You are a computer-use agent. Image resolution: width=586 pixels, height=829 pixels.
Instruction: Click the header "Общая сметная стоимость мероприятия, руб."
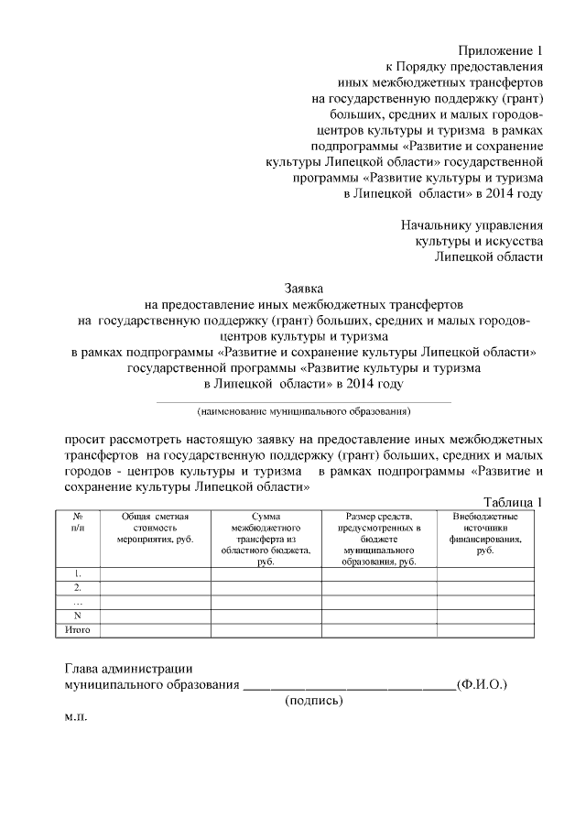pyautogui.click(x=155, y=529)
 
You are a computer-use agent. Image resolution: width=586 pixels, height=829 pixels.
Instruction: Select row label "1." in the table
pyautogui.click(x=78, y=573)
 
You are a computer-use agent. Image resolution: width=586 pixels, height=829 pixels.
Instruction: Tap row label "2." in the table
pyautogui.click(x=78, y=587)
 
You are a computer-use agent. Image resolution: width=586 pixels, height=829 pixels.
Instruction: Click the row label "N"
pyautogui.click(x=78, y=616)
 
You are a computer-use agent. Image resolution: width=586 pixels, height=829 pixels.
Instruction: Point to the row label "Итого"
pyautogui.click(x=78, y=630)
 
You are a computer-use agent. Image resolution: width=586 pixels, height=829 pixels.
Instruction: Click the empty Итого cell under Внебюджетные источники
pyautogui.click(x=484, y=630)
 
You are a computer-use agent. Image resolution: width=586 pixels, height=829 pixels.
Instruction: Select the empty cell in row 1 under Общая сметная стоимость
pyautogui.click(x=155, y=573)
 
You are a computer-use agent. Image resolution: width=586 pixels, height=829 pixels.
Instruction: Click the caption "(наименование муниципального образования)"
pyautogui.click(x=302, y=411)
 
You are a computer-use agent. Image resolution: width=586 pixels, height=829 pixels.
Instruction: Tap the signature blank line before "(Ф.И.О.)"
pyautogui.click(x=348, y=684)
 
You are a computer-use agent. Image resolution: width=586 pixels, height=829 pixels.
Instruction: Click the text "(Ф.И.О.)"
pyautogui.click(x=481, y=683)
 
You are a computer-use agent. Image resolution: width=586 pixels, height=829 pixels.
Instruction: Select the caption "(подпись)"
pyautogui.click(x=314, y=701)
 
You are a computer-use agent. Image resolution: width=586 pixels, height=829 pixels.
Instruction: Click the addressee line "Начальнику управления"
pyautogui.click(x=472, y=224)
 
